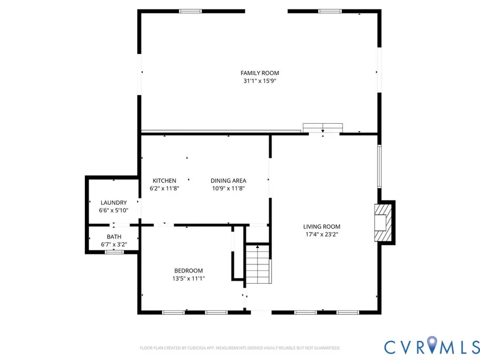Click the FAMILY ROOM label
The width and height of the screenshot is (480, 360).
(x=260, y=73)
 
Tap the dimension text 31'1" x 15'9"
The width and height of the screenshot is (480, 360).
(x=260, y=81)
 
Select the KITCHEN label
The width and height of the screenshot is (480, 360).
(x=164, y=181)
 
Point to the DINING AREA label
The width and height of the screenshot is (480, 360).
(x=228, y=181)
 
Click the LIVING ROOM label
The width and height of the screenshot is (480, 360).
(x=322, y=227)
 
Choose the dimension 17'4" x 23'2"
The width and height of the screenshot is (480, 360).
(x=322, y=234)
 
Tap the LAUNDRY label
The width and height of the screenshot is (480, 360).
(x=114, y=203)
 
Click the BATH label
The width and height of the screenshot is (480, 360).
(x=114, y=237)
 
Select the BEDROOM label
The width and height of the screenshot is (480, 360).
(x=188, y=271)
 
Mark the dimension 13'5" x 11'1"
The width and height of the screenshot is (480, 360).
(x=188, y=278)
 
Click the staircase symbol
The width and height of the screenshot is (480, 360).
(x=259, y=264)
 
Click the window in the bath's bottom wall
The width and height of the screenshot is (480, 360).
(x=114, y=252)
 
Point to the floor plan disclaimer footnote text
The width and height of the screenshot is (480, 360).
(x=240, y=348)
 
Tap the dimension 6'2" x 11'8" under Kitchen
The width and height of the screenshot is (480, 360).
(x=164, y=188)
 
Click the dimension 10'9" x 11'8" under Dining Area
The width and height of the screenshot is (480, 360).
(x=228, y=188)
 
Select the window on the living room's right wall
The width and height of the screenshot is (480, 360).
(x=379, y=166)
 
